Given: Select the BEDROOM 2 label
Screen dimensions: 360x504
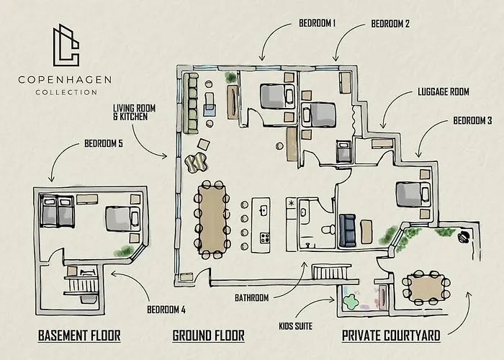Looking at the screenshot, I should tap(390, 24).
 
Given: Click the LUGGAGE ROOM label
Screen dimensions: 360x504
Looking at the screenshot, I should tap(443, 92).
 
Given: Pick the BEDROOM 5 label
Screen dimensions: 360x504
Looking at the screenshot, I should tap(104, 143).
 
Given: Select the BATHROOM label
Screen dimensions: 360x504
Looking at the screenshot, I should tap(252, 297).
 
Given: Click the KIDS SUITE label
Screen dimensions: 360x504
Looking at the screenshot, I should tap(296, 326).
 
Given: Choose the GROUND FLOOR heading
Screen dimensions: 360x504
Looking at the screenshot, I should tap(208, 336).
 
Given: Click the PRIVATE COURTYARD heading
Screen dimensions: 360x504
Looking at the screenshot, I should tap(391, 336).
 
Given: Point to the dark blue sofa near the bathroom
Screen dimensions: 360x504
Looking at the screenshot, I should tap(348, 229).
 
